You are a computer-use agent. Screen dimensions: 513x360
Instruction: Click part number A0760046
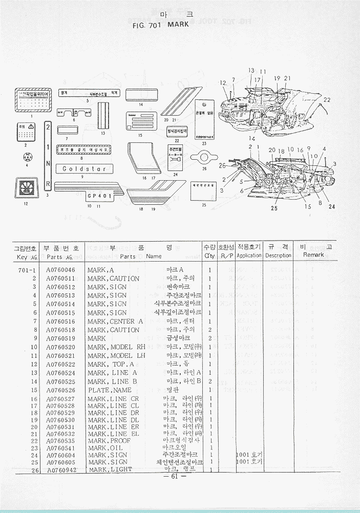coord(60,270)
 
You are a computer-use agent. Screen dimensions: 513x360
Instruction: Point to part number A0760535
coord(60,440)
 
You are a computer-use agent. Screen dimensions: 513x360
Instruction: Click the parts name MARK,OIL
coord(107,447)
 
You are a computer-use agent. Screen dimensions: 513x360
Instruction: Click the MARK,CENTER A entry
coord(115,321)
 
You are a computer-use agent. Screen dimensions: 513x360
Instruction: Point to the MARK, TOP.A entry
coord(111,364)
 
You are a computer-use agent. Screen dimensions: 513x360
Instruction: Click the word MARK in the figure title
coord(178,24)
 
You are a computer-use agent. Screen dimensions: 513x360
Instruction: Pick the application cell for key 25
coord(249,462)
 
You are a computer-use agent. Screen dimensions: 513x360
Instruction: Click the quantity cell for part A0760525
coord(210,381)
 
